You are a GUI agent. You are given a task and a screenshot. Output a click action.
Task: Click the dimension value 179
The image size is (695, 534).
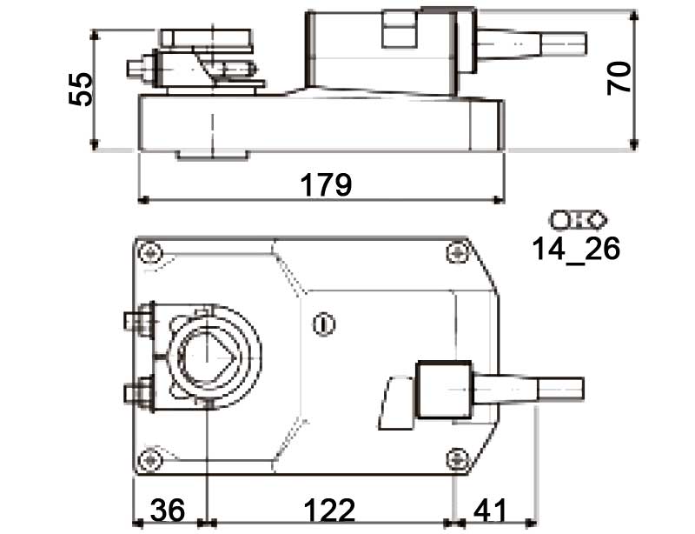(x=326, y=184)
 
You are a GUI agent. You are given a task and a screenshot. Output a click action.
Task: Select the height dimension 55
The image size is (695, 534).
(x=81, y=89)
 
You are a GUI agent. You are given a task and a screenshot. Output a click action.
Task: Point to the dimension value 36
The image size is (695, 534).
(x=166, y=510)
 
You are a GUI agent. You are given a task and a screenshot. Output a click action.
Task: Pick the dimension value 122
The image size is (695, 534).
(x=329, y=510)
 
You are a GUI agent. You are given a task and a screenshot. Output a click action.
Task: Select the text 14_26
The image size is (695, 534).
(x=576, y=249)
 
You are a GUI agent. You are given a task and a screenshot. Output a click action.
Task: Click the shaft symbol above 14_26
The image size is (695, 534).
(x=576, y=218)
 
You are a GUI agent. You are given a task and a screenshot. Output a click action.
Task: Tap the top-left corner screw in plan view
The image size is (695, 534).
(x=153, y=252)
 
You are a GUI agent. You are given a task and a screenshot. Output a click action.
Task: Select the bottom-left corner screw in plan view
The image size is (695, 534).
(x=153, y=457)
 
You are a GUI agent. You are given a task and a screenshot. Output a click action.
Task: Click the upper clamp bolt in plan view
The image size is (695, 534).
(x=136, y=322)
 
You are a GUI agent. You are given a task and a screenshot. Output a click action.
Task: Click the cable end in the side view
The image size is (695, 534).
(x=565, y=43)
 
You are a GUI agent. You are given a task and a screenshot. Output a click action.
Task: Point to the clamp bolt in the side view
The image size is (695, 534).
(x=139, y=68)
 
